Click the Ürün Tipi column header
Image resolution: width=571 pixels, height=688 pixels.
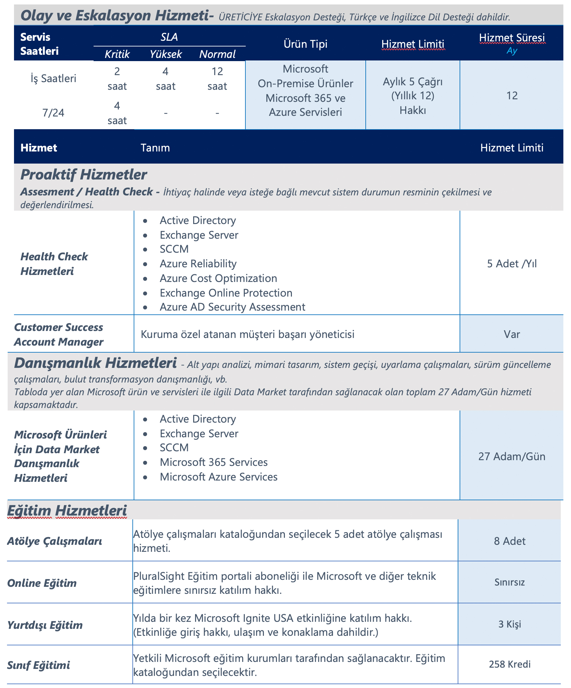coord(305,44)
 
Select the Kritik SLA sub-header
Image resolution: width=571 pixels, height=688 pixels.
coord(117,54)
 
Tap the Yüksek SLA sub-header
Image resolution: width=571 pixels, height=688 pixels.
coord(166,54)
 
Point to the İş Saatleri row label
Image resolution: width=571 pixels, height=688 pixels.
coord(53,79)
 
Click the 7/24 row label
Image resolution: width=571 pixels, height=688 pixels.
coord(53,113)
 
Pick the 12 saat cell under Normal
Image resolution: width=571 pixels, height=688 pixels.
coord(217,79)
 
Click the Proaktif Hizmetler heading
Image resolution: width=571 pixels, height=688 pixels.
coord(84,175)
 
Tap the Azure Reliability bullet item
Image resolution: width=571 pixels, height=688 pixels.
coord(198,264)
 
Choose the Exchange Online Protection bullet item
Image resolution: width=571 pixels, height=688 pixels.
coord(226,293)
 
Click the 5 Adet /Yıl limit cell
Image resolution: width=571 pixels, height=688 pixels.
coord(512,264)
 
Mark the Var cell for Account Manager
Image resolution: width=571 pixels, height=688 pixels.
coord(512,334)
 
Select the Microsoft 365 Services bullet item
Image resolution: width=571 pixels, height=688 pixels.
coord(214,462)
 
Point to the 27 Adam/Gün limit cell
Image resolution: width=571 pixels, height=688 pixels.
coord(512,456)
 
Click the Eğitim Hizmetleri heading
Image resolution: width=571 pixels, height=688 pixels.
coord(67,511)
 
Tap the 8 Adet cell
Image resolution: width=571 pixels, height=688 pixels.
coord(509,541)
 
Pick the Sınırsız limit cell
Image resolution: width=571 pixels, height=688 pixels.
coord(509,582)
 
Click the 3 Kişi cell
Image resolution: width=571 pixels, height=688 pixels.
coord(509,624)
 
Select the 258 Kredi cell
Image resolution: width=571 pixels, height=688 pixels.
coord(509,664)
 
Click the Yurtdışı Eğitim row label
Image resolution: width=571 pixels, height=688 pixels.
coord(45,625)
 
